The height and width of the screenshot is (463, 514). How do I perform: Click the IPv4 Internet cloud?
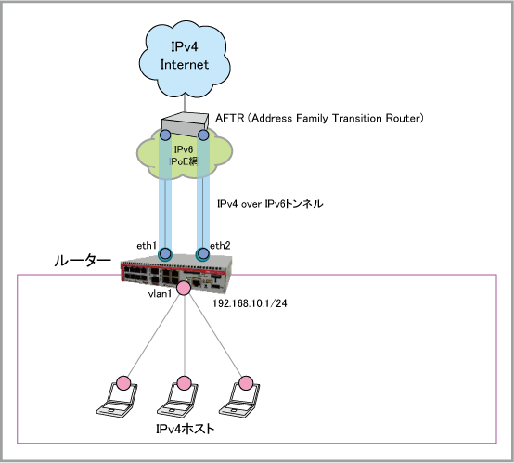click(x=185, y=59)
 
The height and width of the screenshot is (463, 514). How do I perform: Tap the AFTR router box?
click(x=185, y=124)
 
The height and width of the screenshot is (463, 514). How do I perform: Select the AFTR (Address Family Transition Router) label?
click(x=319, y=118)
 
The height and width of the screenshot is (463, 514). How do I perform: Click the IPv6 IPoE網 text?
click(x=184, y=156)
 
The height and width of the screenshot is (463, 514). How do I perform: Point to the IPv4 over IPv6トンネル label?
click(x=270, y=203)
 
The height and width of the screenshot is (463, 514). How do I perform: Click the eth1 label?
click(x=147, y=246)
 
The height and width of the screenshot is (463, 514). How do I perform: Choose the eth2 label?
click(x=220, y=246)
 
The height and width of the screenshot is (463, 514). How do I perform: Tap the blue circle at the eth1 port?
click(x=165, y=253)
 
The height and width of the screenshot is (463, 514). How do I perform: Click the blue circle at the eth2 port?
click(x=202, y=253)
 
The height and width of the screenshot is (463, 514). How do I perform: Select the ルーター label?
click(x=83, y=261)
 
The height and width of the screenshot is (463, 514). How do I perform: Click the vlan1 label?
click(x=160, y=294)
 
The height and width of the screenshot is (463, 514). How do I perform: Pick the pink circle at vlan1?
click(x=184, y=288)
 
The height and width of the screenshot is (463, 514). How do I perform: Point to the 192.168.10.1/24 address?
click(x=251, y=303)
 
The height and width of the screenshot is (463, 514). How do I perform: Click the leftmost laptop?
click(x=117, y=400)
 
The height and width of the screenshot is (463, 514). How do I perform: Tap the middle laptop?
click(x=177, y=400)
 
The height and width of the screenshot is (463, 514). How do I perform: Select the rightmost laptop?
click(x=239, y=400)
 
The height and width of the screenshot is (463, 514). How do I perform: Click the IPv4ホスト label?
click(x=186, y=429)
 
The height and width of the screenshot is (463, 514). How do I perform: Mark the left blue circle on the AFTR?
click(x=165, y=135)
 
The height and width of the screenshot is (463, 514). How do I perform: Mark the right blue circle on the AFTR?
click(x=203, y=135)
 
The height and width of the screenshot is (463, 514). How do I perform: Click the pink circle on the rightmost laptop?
click(x=245, y=383)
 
